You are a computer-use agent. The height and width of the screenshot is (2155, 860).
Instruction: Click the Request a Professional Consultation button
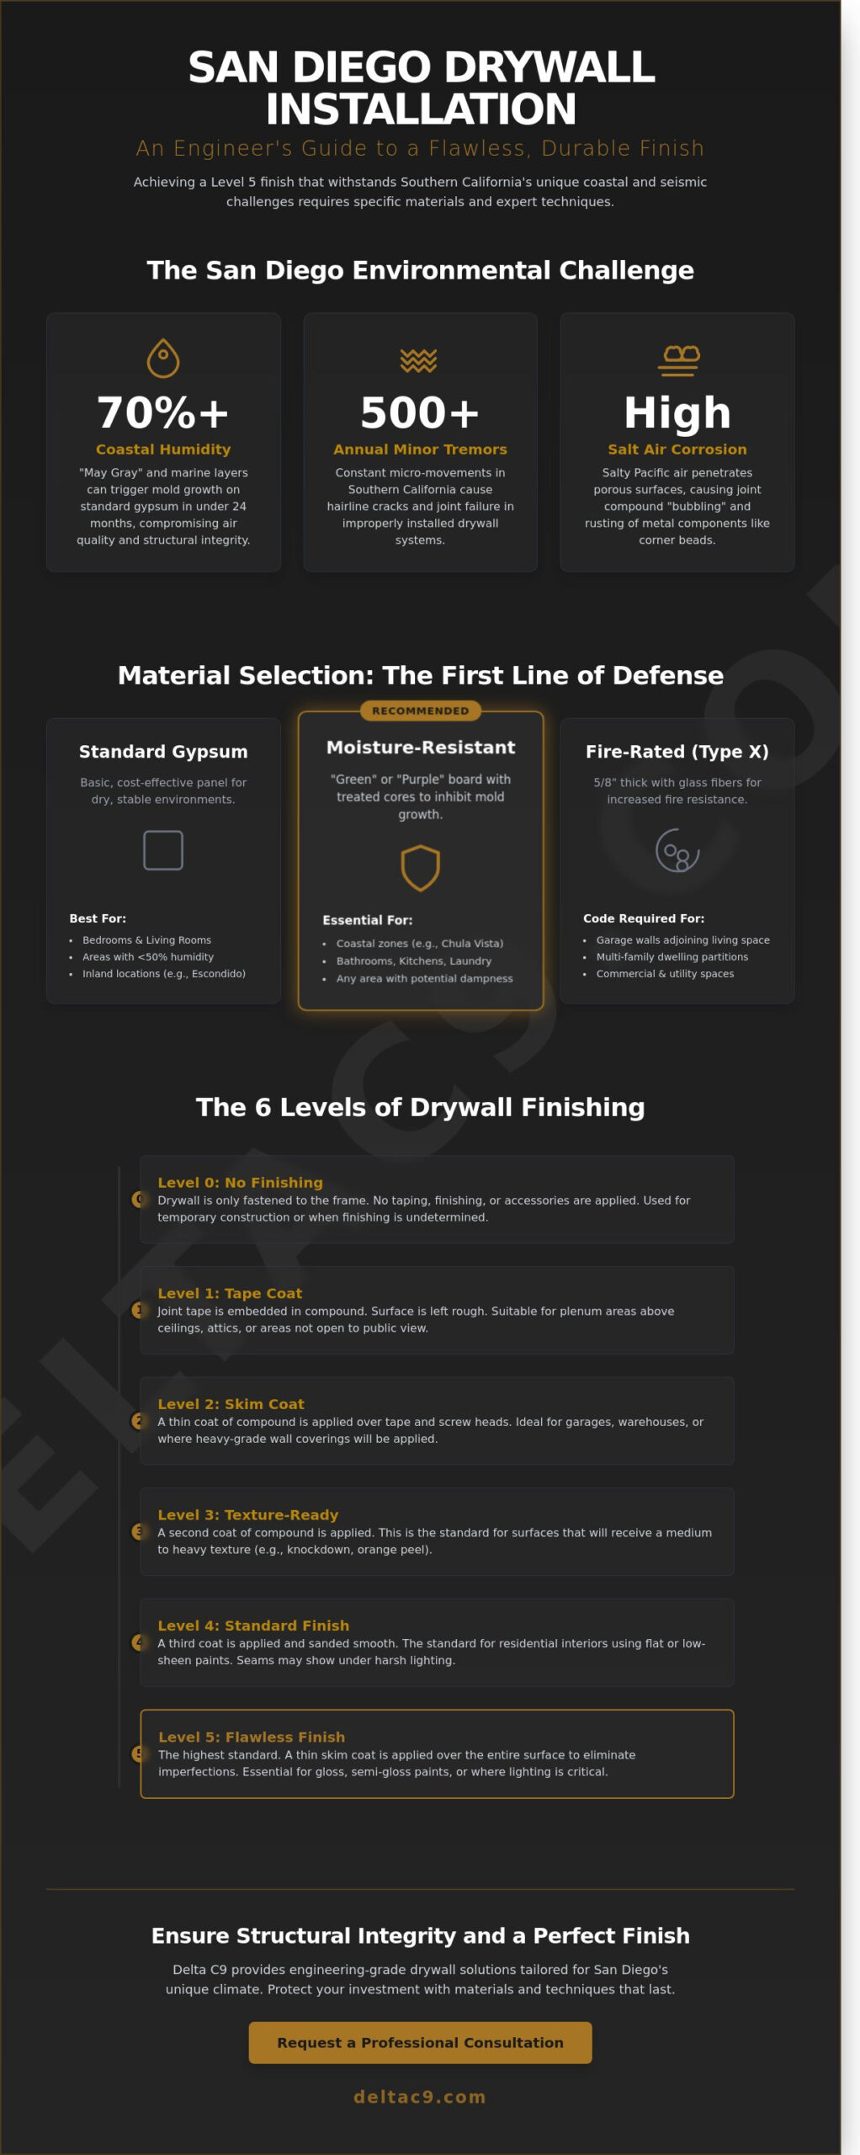tap(420, 2042)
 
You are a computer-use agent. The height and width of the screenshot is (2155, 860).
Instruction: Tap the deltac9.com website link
tap(420, 2096)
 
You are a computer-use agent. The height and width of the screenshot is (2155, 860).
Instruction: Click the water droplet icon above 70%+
tap(163, 358)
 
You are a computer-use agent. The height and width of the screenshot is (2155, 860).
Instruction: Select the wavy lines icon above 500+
tap(419, 360)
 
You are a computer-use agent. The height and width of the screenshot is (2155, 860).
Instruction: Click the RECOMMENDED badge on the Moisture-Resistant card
tap(420, 710)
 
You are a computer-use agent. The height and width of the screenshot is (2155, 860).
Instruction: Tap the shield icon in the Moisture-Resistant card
tap(420, 868)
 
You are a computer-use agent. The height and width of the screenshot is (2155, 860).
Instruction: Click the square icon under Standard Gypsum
tap(163, 850)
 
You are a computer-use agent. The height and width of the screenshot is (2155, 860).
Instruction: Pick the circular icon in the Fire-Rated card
tap(677, 850)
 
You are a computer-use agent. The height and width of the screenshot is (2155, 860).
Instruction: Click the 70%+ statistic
tap(163, 412)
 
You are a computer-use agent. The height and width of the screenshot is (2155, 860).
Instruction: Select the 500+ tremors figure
tap(420, 412)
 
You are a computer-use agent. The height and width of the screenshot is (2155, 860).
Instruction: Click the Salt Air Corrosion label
tap(677, 450)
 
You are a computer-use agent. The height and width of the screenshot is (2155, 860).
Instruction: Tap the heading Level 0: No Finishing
tap(240, 1182)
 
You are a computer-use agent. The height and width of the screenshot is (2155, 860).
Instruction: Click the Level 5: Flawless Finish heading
tap(252, 1737)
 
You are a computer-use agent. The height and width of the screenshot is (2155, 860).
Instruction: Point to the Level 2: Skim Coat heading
tap(231, 1403)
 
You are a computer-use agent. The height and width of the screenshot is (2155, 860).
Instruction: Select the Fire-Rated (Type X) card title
tap(677, 751)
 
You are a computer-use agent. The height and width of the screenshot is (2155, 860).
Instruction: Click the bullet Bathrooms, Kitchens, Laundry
tap(413, 960)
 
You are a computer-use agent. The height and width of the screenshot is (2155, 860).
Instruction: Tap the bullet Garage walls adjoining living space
tap(682, 939)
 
